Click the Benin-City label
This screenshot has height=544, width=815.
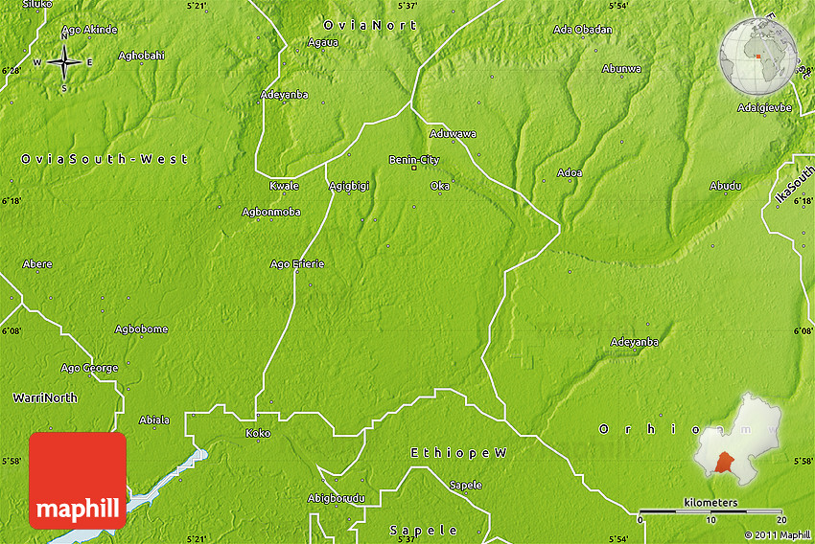click(x=414, y=160)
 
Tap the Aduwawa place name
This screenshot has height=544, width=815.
click(x=453, y=134)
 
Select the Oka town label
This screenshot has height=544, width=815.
click(x=440, y=186)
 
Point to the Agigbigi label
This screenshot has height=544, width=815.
click(x=347, y=186)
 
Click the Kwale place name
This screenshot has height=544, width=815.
click(x=284, y=186)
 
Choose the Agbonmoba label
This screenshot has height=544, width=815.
click(x=271, y=212)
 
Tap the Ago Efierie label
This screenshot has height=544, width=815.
click(x=297, y=263)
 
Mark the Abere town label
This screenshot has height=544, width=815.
click(x=37, y=263)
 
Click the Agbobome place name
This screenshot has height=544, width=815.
click(x=141, y=329)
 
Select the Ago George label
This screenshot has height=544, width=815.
click(x=90, y=368)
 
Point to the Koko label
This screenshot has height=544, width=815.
click(x=258, y=434)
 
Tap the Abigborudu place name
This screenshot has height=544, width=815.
click(x=336, y=498)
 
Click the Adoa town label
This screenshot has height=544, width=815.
click(x=570, y=173)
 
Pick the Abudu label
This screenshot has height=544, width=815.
click(x=725, y=186)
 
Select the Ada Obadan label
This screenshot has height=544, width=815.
click(x=582, y=30)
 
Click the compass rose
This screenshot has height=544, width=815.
click(x=64, y=62)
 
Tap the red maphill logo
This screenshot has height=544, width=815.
click(x=78, y=480)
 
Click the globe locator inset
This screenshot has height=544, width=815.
click(x=758, y=55)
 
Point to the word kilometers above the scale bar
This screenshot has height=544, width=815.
click(x=710, y=503)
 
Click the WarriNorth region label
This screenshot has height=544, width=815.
click(x=45, y=397)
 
